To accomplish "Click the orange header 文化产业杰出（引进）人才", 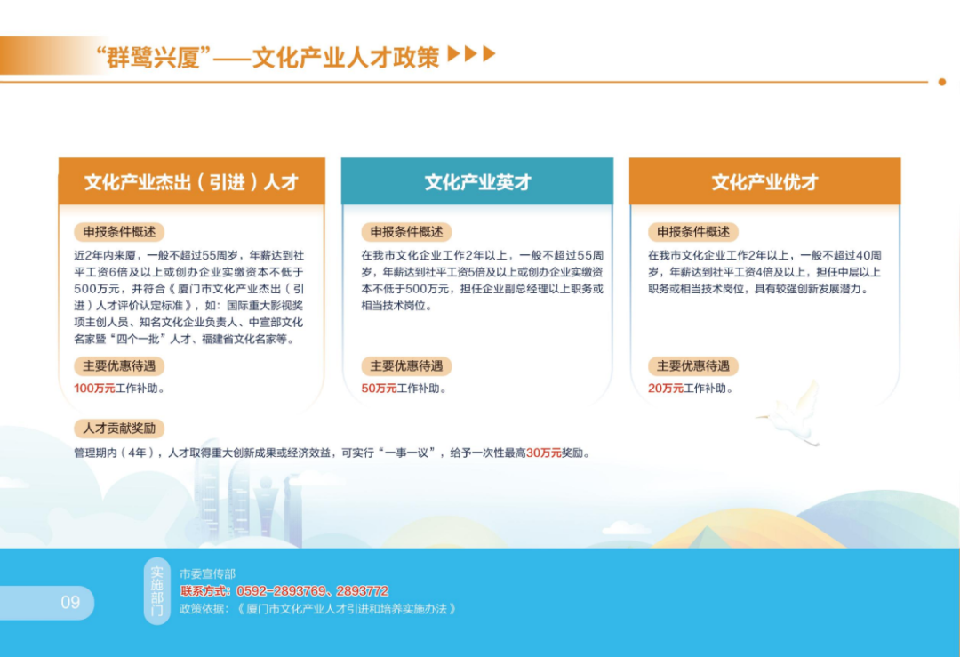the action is pos(192,181).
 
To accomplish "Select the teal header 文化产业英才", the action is pos(477,181).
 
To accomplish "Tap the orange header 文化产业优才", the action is pos(764,181).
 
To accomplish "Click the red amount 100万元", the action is pos(94,389).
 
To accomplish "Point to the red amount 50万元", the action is pos(379,389).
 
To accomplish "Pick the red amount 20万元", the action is pos(666,389).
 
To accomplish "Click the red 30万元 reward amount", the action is pos(544,453).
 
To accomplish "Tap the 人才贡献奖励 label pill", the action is pos(119,428).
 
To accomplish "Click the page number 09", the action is pos(70,603).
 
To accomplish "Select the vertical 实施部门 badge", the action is pos(156,591).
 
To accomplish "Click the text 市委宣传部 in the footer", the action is pos(207,573).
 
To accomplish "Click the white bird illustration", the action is pos(791,414).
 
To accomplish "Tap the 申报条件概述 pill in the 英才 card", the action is pos(406,232).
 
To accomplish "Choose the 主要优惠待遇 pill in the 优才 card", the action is pos(693,366).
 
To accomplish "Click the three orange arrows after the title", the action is pos(471,54).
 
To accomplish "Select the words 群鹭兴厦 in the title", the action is pos(154,58).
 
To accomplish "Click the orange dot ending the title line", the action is pos(942,82).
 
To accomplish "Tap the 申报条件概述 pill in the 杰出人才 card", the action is pos(119,232).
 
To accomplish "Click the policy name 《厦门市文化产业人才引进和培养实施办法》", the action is pos(347,609).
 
